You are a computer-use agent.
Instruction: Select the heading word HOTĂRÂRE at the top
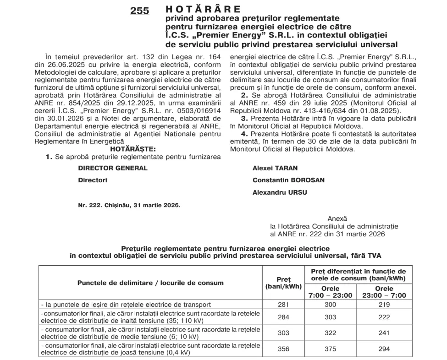pyautogui.click(x=203, y=9)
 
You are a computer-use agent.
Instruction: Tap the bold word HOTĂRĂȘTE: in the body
pyautogui.click(x=133, y=149)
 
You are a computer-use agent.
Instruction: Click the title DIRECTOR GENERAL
pyautogui.click(x=113, y=168)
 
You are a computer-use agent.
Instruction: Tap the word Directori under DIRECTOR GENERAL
pyautogui.click(x=93, y=180)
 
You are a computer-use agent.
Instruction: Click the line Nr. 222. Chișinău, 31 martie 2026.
pyautogui.click(x=129, y=205)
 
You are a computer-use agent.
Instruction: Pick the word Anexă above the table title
pyautogui.click(x=337, y=219)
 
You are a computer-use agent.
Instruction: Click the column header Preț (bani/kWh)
pyautogui.click(x=283, y=283)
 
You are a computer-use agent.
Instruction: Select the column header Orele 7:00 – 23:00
pyautogui.click(x=331, y=292)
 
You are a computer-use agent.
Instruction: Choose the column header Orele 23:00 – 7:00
pyautogui.click(x=384, y=292)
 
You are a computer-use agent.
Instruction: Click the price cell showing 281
pyautogui.click(x=283, y=305)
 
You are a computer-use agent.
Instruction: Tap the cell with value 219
pyautogui.click(x=384, y=305)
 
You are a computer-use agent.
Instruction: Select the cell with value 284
pyautogui.click(x=283, y=317)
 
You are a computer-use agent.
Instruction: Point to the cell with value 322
pyautogui.click(x=331, y=333)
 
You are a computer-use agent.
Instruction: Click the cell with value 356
pyautogui.click(x=283, y=349)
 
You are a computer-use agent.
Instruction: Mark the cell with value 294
pyautogui.click(x=384, y=349)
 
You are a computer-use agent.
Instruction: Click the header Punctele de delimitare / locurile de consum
pyautogui.click(x=150, y=283)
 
